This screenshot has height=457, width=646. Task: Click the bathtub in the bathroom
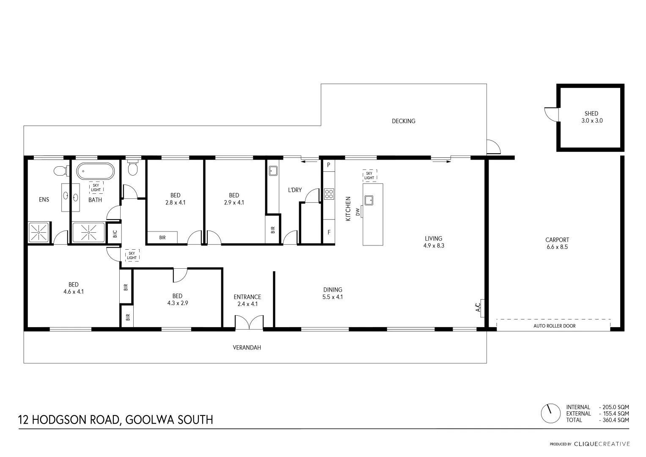(x=95, y=171)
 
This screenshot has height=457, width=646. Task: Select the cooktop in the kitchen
(x=329, y=194)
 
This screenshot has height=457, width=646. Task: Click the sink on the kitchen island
(x=369, y=200)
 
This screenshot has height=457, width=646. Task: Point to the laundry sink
(x=273, y=171)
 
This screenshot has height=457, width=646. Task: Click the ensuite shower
(x=39, y=232)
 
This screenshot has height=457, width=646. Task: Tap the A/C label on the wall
(x=478, y=307)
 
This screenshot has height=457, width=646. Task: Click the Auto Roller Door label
(x=554, y=326)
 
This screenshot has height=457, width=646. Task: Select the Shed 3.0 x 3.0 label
(x=591, y=117)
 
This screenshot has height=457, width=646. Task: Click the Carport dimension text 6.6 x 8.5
(x=557, y=247)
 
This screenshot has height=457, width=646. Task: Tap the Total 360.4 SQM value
(x=614, y=420)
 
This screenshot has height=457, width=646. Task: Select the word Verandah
(x=247, y=347)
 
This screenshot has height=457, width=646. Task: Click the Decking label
(x=403, y=121)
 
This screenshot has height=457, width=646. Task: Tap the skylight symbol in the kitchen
(x=369, y=176)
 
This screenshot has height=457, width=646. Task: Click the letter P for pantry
(x=328, y=165)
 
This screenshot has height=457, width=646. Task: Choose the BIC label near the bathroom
(x=114, y=233)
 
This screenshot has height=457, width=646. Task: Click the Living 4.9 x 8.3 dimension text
(x=434, y=245)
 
